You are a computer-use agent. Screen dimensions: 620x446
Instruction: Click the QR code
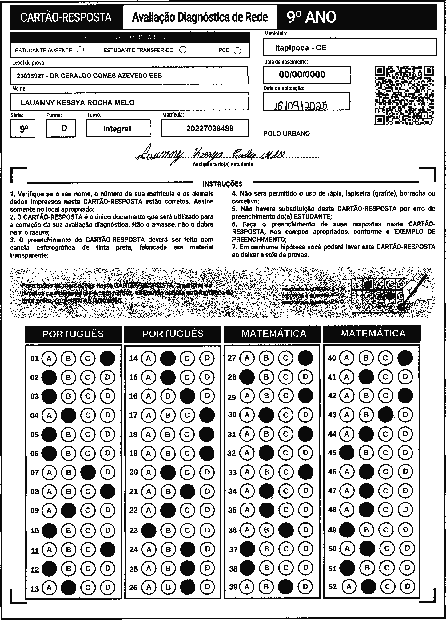point(404,95)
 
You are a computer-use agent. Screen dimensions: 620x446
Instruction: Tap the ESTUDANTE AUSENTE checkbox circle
point(80,50)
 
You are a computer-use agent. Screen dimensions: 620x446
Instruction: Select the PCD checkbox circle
point(237,51)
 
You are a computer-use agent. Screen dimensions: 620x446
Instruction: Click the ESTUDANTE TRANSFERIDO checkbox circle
point(183,50)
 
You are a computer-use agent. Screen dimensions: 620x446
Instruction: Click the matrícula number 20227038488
point(210,129)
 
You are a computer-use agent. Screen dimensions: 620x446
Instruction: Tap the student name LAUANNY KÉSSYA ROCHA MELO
point(78,103)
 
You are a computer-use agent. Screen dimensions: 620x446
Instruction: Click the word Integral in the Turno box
point(117,129)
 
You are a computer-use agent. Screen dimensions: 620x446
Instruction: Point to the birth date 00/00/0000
point(302,74)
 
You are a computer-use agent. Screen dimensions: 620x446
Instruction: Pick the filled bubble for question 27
point(305,358)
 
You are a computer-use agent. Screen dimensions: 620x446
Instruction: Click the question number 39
point(233,586)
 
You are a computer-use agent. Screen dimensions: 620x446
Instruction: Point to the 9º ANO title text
point(311,17)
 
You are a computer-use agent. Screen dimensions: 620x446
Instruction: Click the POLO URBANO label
point(287,134)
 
